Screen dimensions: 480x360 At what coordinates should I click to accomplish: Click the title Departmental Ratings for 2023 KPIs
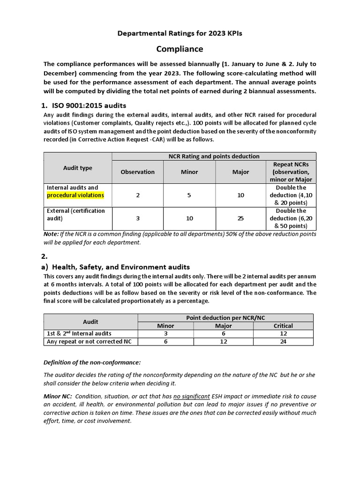point(180,33)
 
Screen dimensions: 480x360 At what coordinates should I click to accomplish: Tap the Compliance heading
point(180,49)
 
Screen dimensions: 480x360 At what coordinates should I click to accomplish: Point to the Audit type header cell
point(77,168)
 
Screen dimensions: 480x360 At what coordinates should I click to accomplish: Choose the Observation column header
point(137,172)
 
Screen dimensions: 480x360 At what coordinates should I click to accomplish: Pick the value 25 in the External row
point(240,218)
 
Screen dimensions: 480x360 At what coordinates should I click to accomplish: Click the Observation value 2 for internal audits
point(137,195)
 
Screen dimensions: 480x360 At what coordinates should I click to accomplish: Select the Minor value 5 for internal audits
point(189,195)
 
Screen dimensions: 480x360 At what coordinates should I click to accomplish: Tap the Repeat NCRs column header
point(291,172)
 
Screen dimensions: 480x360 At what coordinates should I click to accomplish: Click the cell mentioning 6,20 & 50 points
point(291,218)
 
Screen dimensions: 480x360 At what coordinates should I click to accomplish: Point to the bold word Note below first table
point(51,234)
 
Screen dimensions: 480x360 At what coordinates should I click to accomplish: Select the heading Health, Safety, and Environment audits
point(121,267)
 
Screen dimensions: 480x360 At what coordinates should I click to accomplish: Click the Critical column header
point(283,326)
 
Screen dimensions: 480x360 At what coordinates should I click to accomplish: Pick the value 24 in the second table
point(283,341)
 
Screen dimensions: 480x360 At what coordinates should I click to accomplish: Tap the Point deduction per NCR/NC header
point(225,318)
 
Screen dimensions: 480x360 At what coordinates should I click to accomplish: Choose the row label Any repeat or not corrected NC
point(89,341)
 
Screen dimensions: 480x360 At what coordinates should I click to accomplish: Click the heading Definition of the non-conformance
point(92,362)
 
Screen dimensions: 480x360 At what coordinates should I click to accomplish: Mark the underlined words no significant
point(191,396)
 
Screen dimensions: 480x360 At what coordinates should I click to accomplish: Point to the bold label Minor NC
point(57,396)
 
